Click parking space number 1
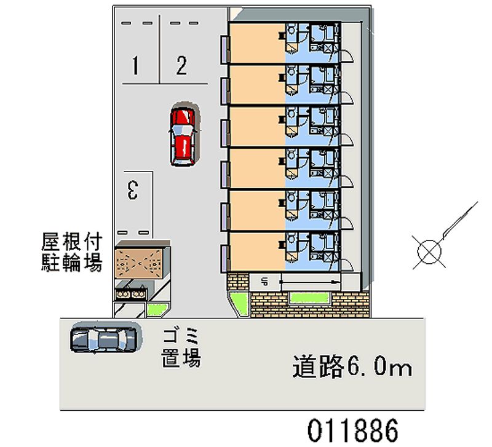135,65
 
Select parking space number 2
181,65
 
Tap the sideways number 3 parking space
133,190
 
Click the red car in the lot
183,134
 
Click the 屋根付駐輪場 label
72,252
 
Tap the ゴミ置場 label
181,348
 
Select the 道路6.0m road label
352,366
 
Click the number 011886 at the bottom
352,430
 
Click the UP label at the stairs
264,282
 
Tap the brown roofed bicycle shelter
139,263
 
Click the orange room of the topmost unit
257,42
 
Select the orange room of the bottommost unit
257,251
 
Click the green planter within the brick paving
310,298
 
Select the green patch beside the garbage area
159,310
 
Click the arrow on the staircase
310,282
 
